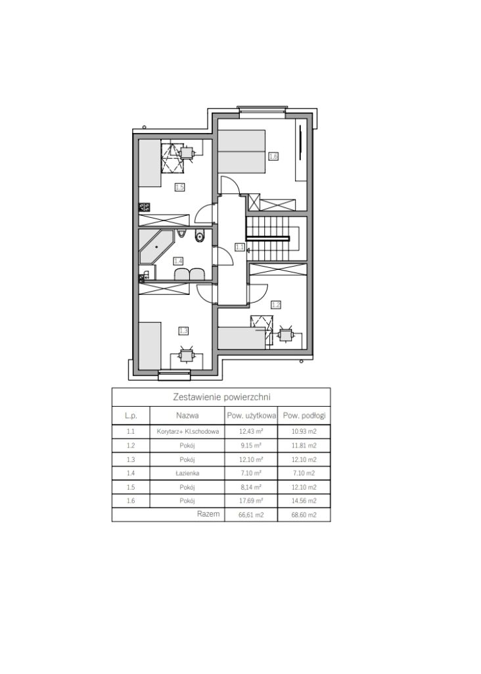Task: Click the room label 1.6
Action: click(273, 157)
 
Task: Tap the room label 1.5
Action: click(179, 187)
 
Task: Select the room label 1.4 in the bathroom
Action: click(178, 261)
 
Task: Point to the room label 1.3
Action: click(183, 330)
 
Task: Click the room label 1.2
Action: click(276, 305)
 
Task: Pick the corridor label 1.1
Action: click(239, 247)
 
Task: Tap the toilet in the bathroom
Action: click(200, 236)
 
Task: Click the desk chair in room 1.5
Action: click(187, 153)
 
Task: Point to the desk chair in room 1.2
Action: click(285, 334)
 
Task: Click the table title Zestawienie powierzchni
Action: click(221, 396)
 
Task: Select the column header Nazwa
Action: click(187, 416)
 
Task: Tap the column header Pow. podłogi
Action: click(304, 416)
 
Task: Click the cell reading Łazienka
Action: click(187, 473)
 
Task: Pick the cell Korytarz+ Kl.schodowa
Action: click(188, 432)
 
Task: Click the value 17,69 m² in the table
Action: click(251, 501)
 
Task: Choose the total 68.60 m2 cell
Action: click(304, 515)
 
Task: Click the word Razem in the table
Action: click(208, 513)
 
